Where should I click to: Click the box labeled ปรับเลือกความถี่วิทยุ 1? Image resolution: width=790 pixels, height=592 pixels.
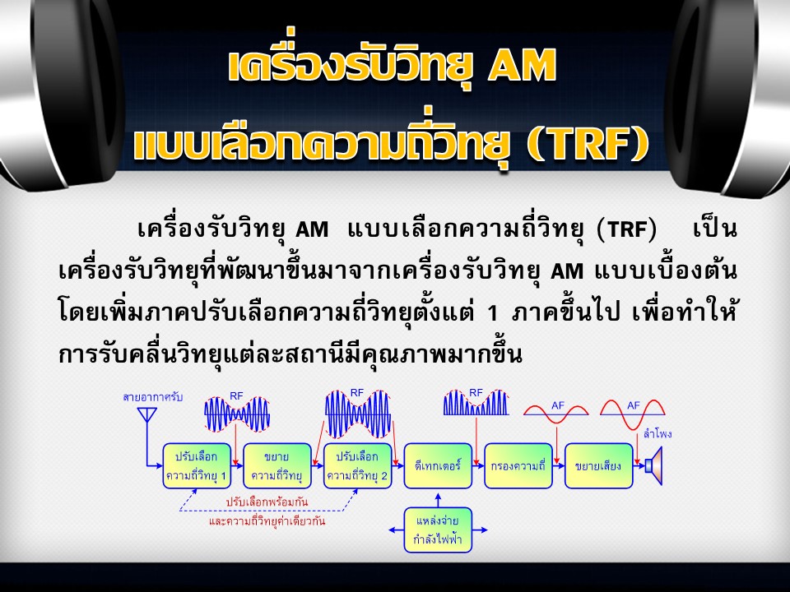(x=197, y=465)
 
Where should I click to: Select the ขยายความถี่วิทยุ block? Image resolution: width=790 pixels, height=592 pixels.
(x=277, y=465)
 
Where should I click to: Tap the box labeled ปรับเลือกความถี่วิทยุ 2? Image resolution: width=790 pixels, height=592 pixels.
(x=357, y=465)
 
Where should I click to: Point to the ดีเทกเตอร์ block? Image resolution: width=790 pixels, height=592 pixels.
(x=438, y=465)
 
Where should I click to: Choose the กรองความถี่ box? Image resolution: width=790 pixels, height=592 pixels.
(x=518, y=465)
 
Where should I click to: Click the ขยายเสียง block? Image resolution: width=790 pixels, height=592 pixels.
(x=598, y=465)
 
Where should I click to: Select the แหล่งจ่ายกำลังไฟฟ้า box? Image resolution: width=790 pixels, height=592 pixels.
(x=438, y=530)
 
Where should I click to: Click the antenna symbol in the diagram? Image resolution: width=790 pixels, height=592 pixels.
(x=146, y=414)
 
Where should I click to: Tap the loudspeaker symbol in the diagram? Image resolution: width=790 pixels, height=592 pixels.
(x=653, y=465)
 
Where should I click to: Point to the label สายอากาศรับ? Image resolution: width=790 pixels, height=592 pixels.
(x=152, y=397)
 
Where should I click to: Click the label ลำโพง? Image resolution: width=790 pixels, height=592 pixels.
(x=658, y=434)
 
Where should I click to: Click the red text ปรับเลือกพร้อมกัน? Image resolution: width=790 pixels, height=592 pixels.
(x=267, y=502)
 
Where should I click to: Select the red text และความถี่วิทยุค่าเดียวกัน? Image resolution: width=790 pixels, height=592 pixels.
(x=267, y=520)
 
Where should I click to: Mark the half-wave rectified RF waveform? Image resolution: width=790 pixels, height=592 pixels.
(x=476, y=403)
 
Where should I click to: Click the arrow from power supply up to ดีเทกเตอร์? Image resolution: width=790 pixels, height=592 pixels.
(x=438, y=500)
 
